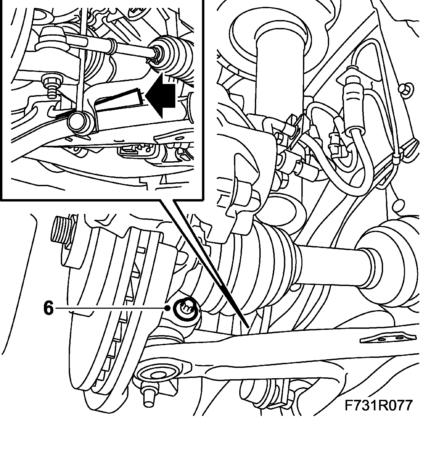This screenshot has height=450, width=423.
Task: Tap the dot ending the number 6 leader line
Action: [167, 308]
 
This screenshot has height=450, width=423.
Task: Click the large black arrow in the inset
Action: [161, 96]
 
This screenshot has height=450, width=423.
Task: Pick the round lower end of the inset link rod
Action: [79, 121]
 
